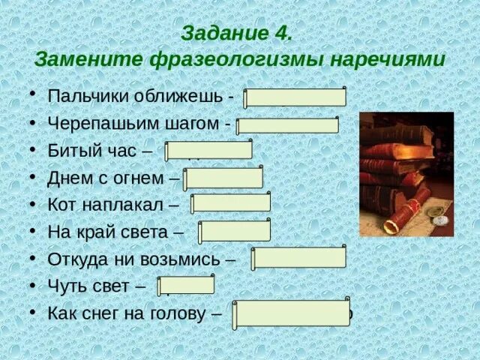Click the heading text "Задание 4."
236,34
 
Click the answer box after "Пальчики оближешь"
295,97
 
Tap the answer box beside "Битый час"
208,150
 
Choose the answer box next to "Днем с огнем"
223,178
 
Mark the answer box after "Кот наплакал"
230,203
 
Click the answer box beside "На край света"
234,230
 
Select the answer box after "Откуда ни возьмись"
298,258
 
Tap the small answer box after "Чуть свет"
185,285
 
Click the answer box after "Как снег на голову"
291,313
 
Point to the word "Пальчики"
80,98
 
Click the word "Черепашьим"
93,124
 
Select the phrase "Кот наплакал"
112,204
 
